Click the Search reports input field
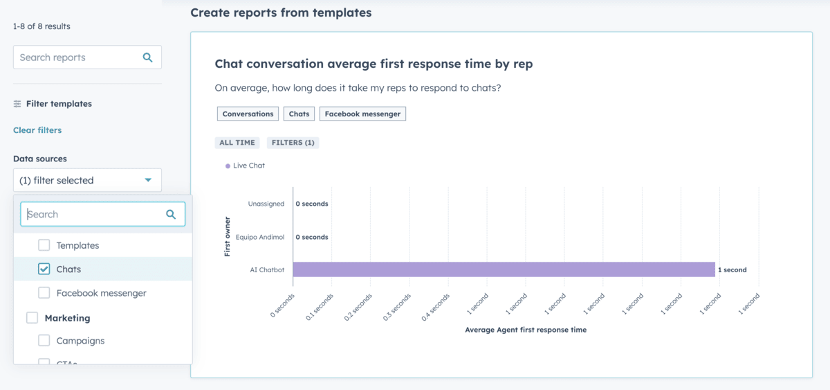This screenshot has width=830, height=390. coord(76,57)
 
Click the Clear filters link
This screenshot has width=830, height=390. coord(37,130)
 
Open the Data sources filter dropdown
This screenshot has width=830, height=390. coord(87,180)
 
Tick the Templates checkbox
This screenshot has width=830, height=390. coord(44,245)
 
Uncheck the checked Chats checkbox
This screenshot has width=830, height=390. coord(44,269)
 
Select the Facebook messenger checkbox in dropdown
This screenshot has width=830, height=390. coord(44,293)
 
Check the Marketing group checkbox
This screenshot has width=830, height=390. coord(33,318)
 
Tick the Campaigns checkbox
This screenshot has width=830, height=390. coord(44,341)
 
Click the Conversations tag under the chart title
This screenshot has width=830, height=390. coord(248,114)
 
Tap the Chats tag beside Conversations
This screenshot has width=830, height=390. coord(299,114)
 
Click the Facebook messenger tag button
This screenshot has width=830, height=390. coord(362,114)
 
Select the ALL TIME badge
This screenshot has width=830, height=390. coord(237,143)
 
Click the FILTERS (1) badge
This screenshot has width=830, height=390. coord(293,143)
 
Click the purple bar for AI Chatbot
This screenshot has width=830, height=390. coord(504,269)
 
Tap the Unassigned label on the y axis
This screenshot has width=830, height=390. coord(266,204)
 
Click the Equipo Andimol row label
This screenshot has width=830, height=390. coord(259,237)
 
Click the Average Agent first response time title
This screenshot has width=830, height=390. coord(526,330)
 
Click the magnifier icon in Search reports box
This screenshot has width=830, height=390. coord(147,57)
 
